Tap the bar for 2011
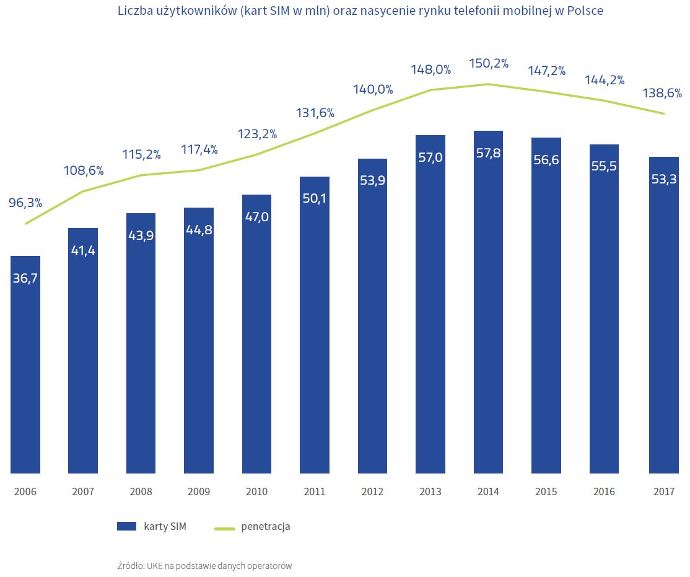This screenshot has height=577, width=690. coord(315,325)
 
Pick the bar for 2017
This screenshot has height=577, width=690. coord(664,315)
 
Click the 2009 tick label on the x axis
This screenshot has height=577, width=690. coord(199,492)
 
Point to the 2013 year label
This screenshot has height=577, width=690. coord(430,492)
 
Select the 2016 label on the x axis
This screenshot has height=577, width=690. coord(604,492)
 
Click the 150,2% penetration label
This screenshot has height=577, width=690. coord(488,63)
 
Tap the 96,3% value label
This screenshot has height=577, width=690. coord(25,202)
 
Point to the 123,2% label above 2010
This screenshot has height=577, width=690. coord(256,133)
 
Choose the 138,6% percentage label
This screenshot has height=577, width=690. coord(662,94)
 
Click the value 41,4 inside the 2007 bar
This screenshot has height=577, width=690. coord(83,250)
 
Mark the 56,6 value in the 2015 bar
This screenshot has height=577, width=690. coord(546,159)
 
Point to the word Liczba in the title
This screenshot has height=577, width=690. coord(132,11)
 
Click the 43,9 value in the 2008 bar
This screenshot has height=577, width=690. coord(141,236)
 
